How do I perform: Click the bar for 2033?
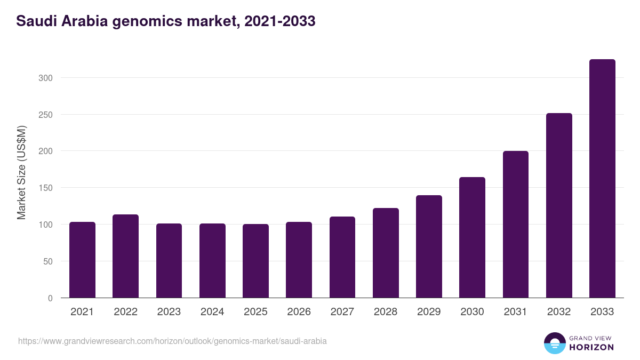tap(602, 179)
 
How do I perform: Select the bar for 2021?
tap(82, 260)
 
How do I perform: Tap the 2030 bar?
tap(472, 237)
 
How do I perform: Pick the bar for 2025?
tap(255, 261)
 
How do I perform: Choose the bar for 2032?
tap(559, 205)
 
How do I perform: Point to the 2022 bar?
tap(125, 256)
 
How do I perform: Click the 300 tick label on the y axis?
tap(46, 78)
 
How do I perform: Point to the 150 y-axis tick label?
tap(46, 188)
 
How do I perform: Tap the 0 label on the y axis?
tap(50, 298)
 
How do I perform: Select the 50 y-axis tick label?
tap(48, 261)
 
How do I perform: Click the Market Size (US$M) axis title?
tap(21, 172)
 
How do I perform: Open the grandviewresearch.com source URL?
tap(172, 341)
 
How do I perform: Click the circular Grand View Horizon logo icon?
tap(554, 343)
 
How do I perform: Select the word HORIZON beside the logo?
tap(591, 347)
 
